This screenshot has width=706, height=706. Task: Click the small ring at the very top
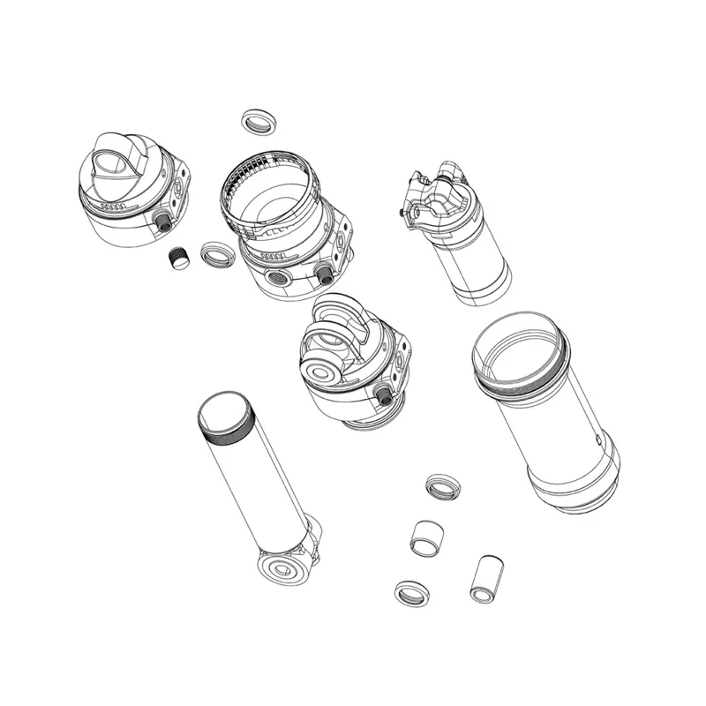point(257,121)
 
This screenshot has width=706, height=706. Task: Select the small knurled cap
point(180,259)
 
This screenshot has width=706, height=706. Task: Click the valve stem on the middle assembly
point(385,394)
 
